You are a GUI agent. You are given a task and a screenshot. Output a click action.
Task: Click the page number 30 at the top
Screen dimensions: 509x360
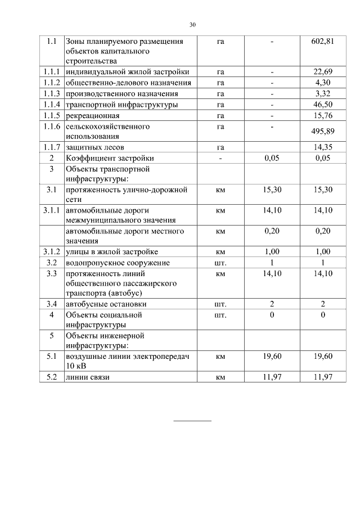(x=192, y=25)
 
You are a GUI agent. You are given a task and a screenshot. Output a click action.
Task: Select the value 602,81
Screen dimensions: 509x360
(x=323, y=42)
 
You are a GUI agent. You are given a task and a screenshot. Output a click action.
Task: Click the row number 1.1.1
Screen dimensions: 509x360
(x=52, y=71)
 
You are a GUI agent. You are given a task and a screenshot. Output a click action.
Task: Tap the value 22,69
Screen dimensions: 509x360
(x=323, y=71)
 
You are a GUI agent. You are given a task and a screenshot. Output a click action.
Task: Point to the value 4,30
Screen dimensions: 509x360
(x=323, y=83)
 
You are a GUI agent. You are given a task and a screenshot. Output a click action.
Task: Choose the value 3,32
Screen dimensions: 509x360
(x=323, y=93)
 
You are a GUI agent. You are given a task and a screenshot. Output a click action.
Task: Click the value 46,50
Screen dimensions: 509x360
(x=323, y=105)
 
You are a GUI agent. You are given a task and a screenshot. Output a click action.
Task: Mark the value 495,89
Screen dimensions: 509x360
(x=323, y=132)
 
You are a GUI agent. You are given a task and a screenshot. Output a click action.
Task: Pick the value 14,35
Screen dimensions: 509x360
(x=323, y=147)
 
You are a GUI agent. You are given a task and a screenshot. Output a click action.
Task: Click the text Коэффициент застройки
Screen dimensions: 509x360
(x=110, y=158)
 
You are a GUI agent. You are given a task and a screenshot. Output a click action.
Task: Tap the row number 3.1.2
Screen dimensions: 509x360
(x=52, y=251)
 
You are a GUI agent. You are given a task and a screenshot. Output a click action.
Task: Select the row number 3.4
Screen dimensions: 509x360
(x=52, y=304)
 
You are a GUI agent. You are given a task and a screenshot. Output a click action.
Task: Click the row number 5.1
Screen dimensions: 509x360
(x=52, y=356)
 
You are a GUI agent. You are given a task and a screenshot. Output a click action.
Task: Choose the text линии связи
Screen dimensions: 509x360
(x=87, y=377)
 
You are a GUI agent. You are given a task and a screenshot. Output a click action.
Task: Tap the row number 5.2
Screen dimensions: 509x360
(x=52, y=377)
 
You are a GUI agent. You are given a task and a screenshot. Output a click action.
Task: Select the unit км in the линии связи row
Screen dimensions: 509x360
(x=220, y=377)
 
